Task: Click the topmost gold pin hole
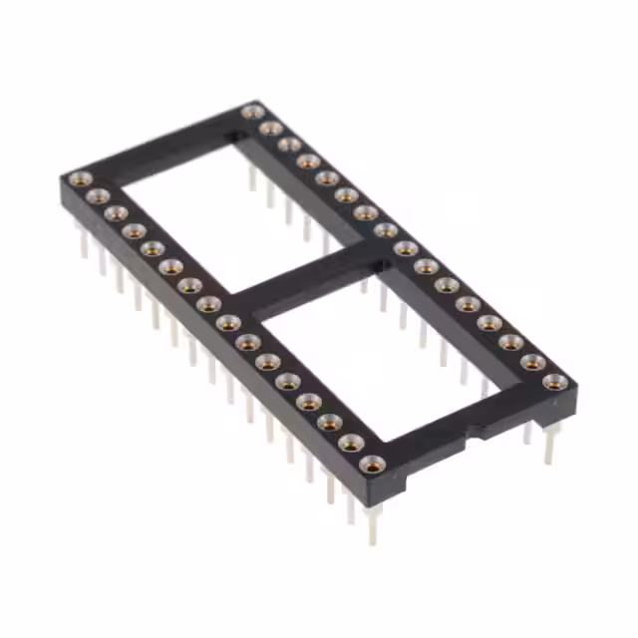253,111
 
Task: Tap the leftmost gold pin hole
79,180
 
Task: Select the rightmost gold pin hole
554,382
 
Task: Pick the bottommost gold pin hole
372,464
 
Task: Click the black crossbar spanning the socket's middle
299,283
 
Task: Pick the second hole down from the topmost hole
270,128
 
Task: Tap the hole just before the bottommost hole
350,442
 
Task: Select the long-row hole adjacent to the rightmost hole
533,362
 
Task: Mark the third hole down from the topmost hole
289,145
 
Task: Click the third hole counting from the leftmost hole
116,213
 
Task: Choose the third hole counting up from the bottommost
329,422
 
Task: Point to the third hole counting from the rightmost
511,342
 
